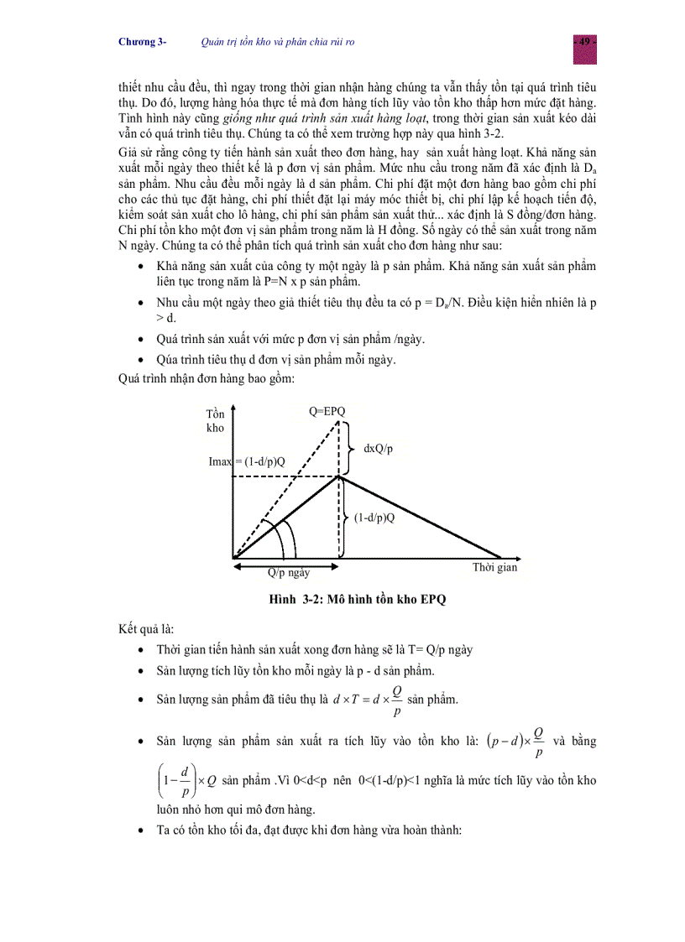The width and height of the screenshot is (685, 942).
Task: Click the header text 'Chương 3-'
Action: (x=142, y=42)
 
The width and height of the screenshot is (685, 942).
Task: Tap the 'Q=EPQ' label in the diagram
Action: (x=327, y=409)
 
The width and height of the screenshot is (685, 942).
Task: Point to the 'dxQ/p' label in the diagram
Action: (x=378, y=449)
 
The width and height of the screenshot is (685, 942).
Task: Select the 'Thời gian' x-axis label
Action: (x=494, y=567)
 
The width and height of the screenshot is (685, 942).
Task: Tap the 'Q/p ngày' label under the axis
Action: (x=288, y=572)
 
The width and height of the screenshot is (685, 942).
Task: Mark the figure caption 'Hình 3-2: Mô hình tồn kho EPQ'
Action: (x=345, y=599)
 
